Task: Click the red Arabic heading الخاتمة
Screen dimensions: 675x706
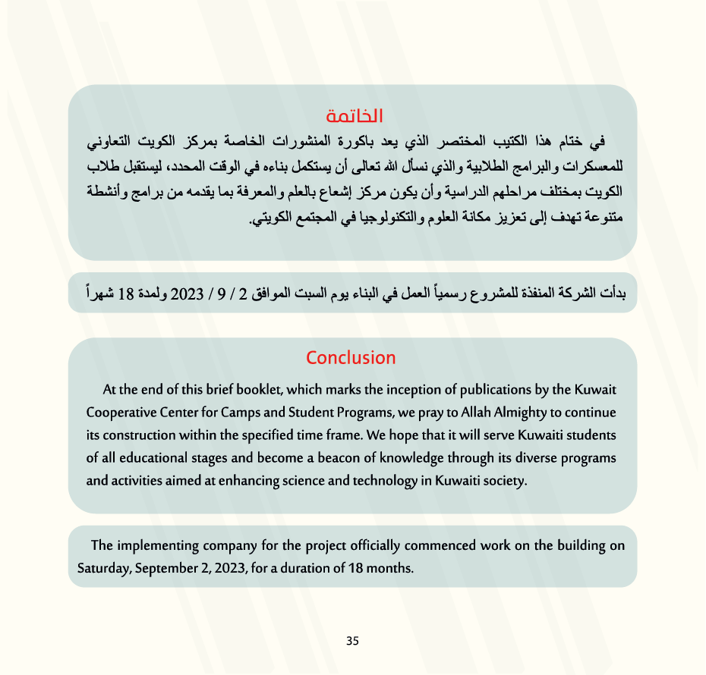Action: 354,117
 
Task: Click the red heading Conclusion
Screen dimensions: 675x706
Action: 351,357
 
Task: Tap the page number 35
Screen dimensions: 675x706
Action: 352,641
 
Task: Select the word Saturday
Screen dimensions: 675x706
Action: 104,567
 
